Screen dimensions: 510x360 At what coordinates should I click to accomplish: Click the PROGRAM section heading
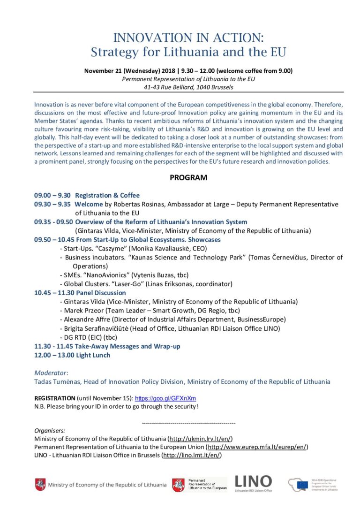pyautogui.click(x=188, y=178)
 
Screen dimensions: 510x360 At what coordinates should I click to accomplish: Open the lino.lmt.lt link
pyautogui.click(x=192, y=455)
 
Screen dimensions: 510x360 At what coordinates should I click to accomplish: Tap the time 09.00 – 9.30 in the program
pyautogui.click(x=52, y=195)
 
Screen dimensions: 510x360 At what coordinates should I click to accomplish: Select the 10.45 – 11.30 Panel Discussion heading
pyautogui.click(x=80, y=293)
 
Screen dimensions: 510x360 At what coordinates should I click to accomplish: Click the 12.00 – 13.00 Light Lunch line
pyautogui.click(x=72, y=355)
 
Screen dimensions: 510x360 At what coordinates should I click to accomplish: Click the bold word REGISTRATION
pyautogui.click(x=54, y=398)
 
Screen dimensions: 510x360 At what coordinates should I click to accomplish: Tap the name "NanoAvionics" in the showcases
pyautogui.click(x=105, y=275)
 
